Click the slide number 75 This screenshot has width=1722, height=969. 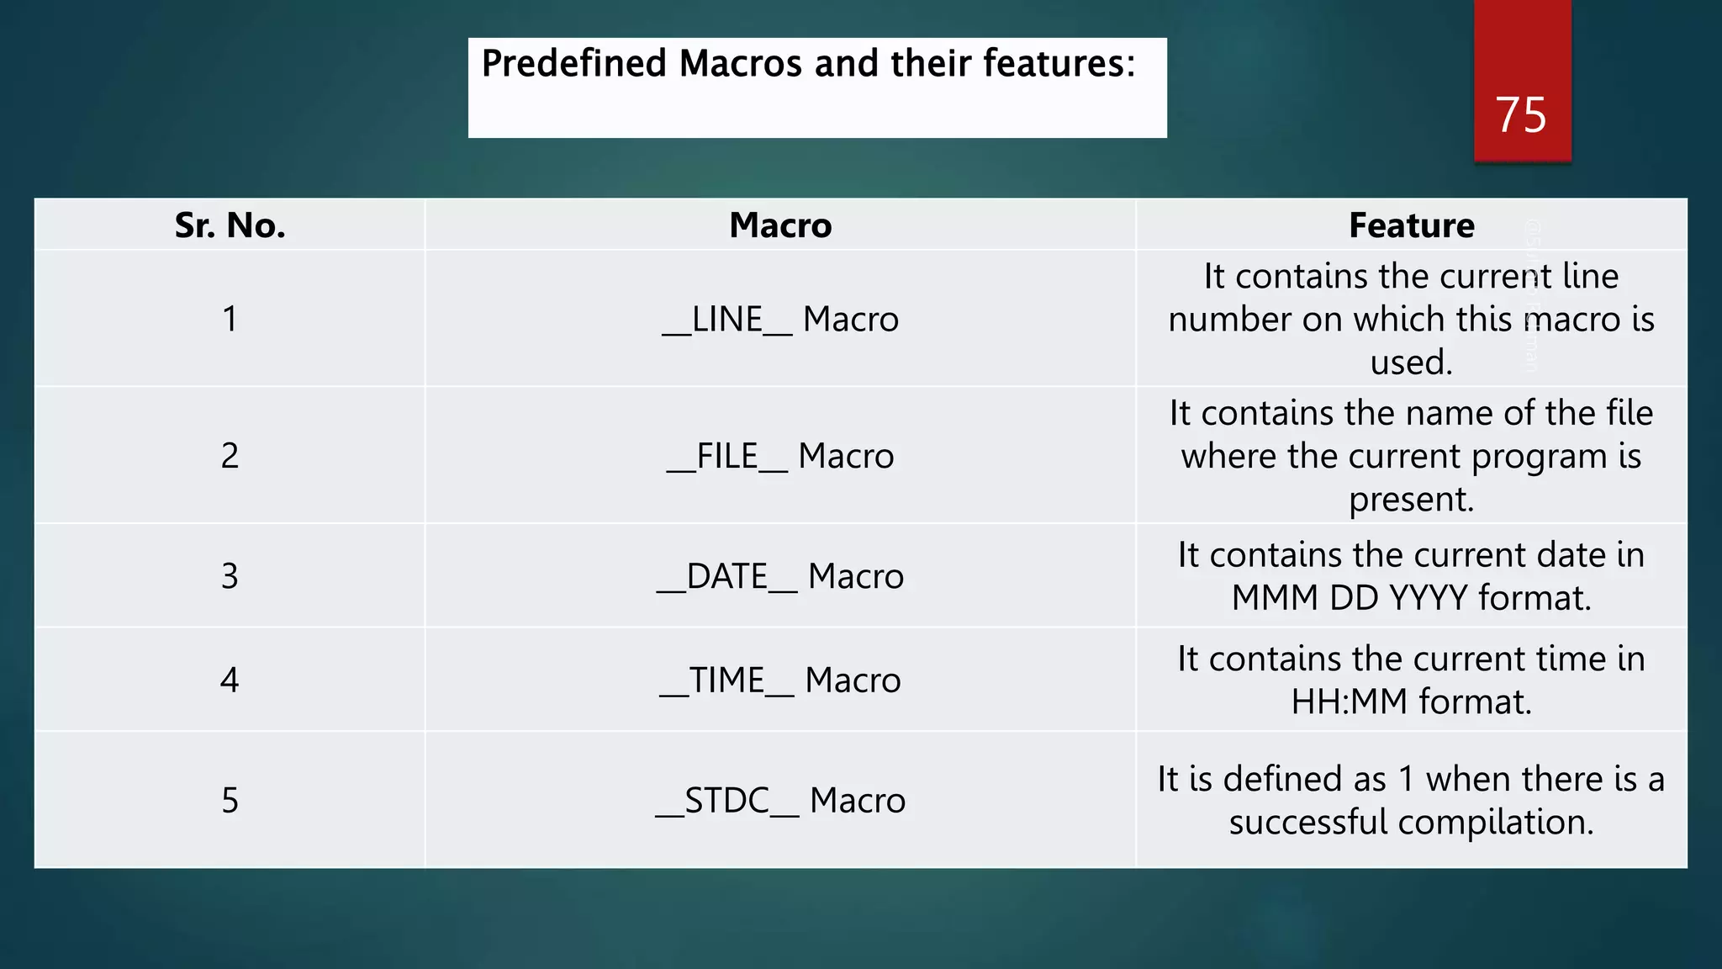(1520, 114)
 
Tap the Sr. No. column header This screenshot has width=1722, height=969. (230, 225)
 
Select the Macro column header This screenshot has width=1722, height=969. (780, 225)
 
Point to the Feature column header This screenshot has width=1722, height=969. (1411, 225)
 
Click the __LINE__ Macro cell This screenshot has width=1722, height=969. (780, 320)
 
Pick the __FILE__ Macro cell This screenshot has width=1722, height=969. (780, 456)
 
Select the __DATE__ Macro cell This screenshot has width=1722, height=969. (780, 576)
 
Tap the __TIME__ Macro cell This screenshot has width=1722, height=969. (780, 680)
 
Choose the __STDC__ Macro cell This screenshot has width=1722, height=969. (780, 800)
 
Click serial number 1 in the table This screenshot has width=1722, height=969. (230, 320)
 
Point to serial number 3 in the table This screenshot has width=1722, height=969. (230, 576)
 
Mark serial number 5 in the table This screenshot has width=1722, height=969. (230, 800)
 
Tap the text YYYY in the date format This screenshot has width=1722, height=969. (1428, 598)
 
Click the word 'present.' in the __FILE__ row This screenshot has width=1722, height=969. (1411, 500)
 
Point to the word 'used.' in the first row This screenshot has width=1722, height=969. (1411, 363)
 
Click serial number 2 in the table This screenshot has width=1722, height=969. (230, 456)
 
